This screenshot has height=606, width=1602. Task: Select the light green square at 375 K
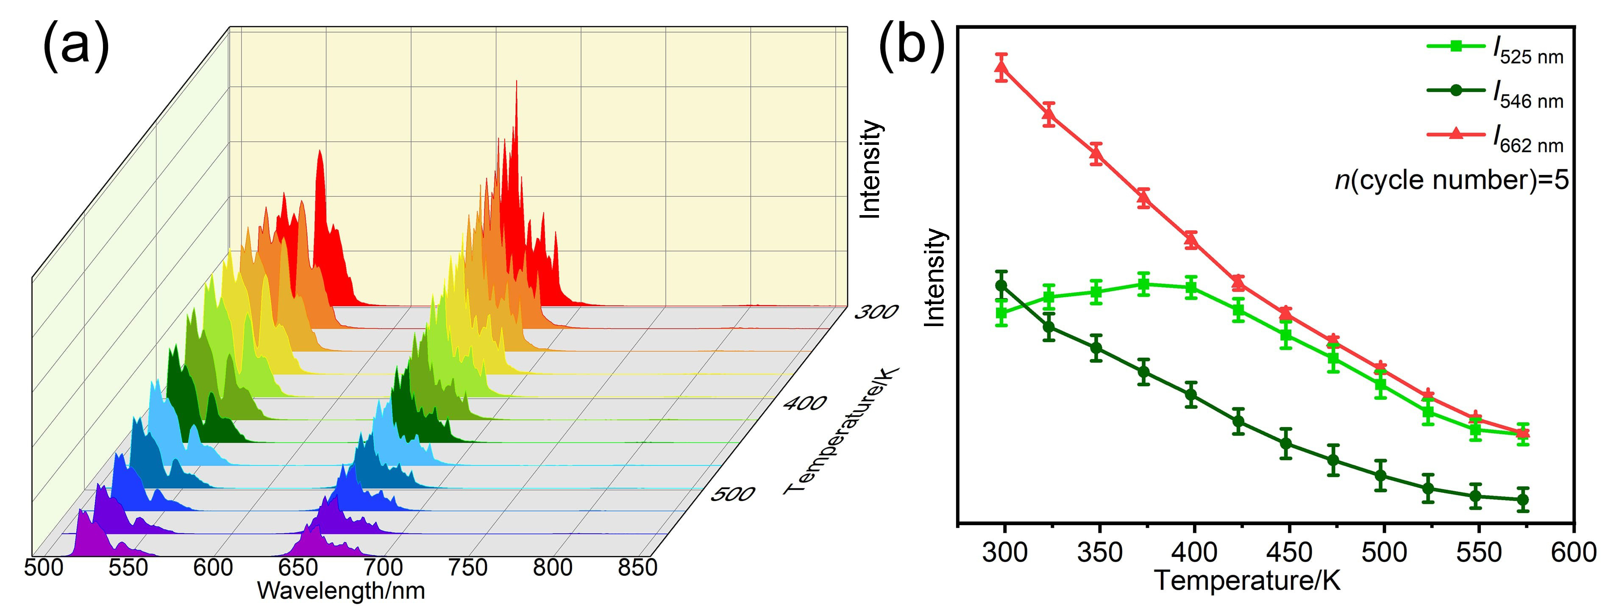click(x=1143, y=285)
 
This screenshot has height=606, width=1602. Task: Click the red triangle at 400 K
click(x=1191, y=239)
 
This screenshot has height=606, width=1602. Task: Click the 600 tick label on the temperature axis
click(x=1573, y=552)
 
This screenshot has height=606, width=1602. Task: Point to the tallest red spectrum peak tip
click(x=515, y=82)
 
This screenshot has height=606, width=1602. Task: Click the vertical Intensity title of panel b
click(x=934, y=277)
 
